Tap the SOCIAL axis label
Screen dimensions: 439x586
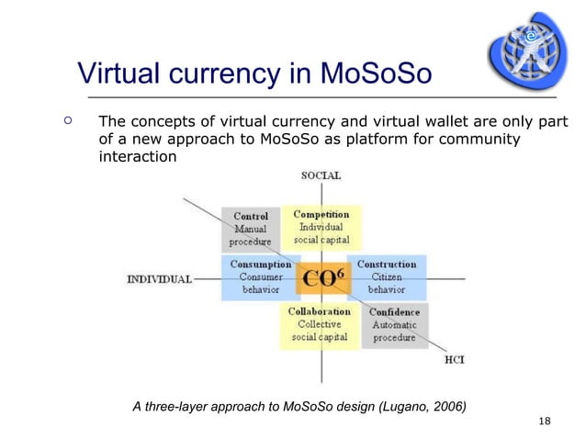tap(321, 174)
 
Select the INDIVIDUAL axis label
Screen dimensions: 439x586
tap(159, 279)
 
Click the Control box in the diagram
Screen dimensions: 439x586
tap(251, 229)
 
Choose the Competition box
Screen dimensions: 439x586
tap(321, 227)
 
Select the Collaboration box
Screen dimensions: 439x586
tap(320, 324)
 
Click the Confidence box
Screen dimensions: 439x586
tap(394, 325)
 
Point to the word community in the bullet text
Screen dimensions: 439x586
tap(479, 140)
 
